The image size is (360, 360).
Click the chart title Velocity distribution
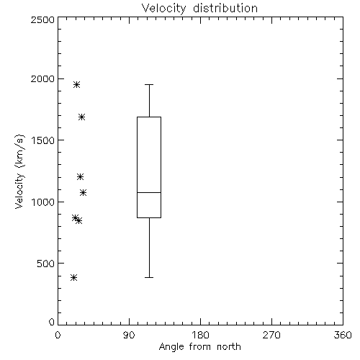pos(199,8)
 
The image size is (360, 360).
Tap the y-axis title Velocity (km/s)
pos(19,171)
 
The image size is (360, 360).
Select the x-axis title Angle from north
pos(199,346)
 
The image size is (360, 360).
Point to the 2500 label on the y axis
pos(42,19)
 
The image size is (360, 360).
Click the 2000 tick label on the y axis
pos(42,78)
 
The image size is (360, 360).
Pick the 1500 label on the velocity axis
pos(43,140)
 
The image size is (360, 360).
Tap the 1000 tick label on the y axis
pos(43,202)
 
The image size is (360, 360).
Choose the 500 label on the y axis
pos(46,264)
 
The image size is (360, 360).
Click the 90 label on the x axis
pos(129,335)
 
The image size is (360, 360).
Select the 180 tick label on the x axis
pos(200,335)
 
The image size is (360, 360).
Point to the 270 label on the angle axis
pos(271,335)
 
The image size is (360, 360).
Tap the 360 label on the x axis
pos(343,335)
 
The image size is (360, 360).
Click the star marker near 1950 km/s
pos(76,84)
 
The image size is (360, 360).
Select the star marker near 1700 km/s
pos(82,117)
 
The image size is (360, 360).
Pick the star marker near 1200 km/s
pos(80,177)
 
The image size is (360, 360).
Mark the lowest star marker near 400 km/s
pos(73,278)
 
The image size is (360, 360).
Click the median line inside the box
pos(149,192)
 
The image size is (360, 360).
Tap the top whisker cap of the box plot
pos(149,84)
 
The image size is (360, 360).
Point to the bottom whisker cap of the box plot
pos(149,277)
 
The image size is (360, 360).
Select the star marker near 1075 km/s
pos(83,192)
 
